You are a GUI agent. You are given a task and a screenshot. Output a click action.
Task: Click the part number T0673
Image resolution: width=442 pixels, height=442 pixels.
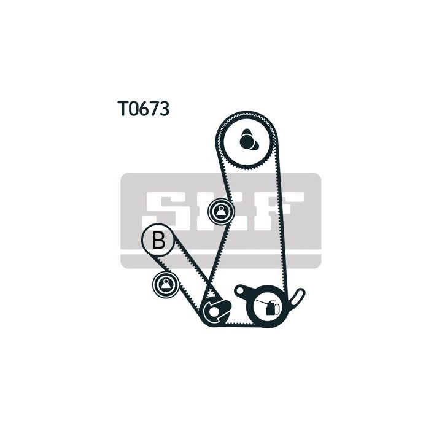pos(144,109)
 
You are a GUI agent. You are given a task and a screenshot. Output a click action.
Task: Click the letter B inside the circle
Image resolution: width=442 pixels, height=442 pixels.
pos(159,240)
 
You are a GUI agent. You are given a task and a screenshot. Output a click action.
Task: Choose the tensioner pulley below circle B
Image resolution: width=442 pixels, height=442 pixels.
pos(166,283)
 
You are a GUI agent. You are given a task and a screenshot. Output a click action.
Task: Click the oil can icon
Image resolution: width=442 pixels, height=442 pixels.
pos(271,308)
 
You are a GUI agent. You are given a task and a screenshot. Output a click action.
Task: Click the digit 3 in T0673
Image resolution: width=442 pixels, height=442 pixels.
pos(164,109)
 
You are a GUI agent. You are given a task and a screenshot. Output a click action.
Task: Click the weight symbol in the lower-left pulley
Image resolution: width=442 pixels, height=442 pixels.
pos(166,283)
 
